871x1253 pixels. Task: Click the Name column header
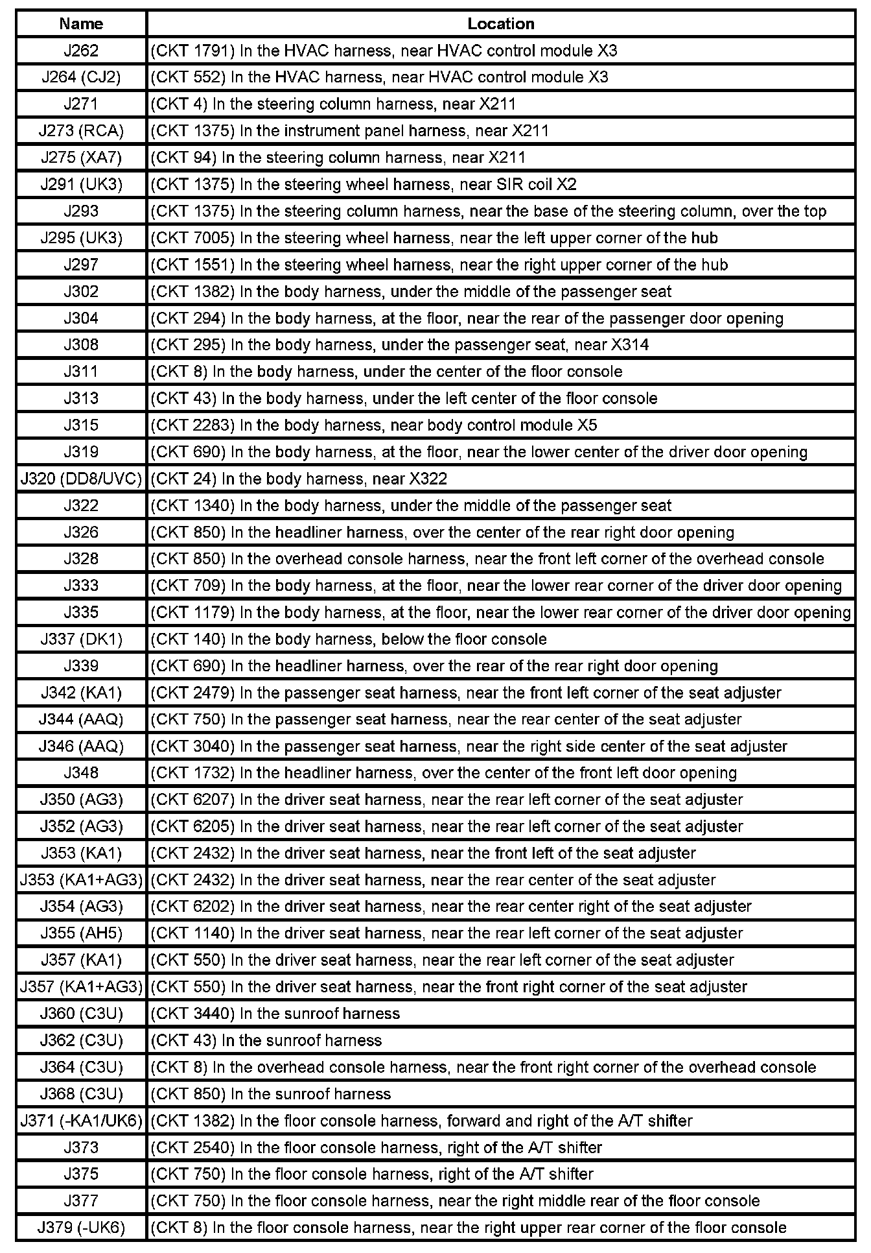[x=81, y=24]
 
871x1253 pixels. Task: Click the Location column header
[x=501, y=24]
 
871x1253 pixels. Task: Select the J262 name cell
[x=81, y=51]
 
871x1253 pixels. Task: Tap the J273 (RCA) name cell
[x=81, y=131]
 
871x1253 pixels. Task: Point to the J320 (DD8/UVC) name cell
[x=81, y=479]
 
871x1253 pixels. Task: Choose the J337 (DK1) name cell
[x=81, y=639]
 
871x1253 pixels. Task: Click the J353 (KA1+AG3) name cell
[x=81, y=880]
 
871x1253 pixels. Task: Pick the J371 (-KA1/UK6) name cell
[x=81, y=1121]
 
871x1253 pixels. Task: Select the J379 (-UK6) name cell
[x=81, y=1228]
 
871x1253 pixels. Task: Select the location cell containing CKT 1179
[x=500, y=613]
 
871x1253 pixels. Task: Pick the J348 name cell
[x=81, y=773]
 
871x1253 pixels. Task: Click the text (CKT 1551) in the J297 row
[x=192, y=265]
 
